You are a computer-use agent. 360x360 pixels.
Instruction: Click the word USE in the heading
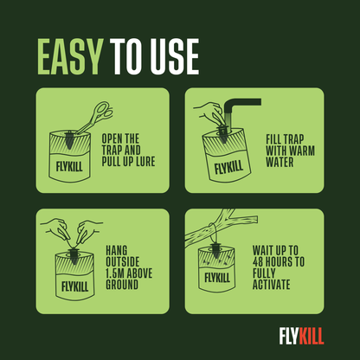[x=174, y=57]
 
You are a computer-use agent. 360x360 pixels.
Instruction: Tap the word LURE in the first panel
[x=148, y=161]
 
